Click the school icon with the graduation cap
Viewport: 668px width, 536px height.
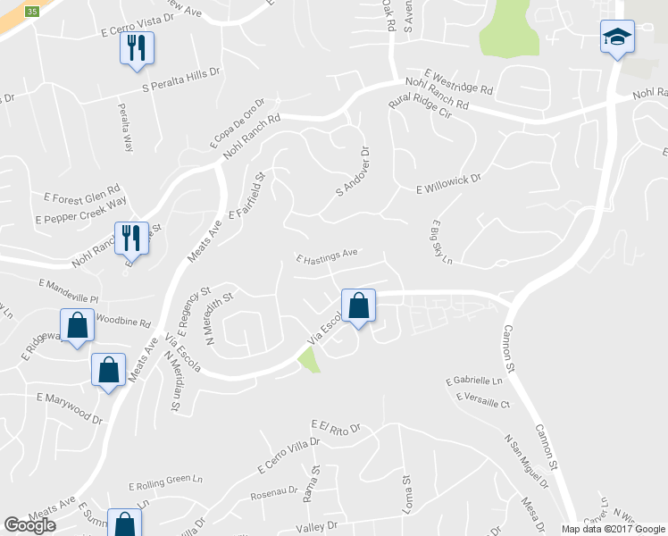pyautogui.click(x=616, y=37)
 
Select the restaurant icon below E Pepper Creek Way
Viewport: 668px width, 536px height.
pyautogui.click(x=131, y=237)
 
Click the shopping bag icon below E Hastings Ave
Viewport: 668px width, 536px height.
pyautogui.click(x=358, y=306)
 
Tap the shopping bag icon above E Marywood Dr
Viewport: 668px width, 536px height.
pyautogui.click(x=108, y=369)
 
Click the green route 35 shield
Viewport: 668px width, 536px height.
pyautogui.click(x=32, y=11)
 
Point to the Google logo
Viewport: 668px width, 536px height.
pyautogui.click(x=30, y=525)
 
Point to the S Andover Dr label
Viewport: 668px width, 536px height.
pyautogui.click(x=353, y=173)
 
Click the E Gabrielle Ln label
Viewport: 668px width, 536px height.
pyautogui.click(x=475, y=381)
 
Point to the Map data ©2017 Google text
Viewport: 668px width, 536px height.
pyautogui.click(x=612, y=529)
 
